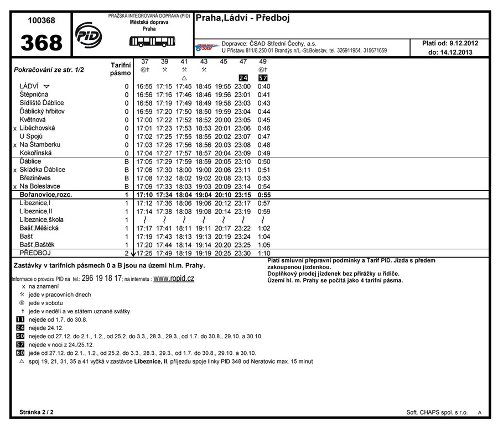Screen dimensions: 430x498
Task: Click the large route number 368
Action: click(41, 43)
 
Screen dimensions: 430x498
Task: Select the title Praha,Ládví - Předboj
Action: click(242, 18)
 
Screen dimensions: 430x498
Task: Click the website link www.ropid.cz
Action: click(174, 279)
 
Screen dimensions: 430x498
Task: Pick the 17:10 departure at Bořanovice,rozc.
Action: click(144, 195)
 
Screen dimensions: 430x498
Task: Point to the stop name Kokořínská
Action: click(36, 153)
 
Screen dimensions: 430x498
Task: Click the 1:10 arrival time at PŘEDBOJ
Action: click(264, 253)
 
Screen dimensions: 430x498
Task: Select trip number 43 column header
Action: click(204, 61)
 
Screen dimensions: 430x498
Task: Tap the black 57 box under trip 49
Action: click(263, 78)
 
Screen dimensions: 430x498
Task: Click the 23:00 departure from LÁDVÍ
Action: click(242, 87)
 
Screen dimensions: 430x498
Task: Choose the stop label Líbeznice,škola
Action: click(41, 220)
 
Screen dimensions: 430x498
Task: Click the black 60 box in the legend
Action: click(20, 353)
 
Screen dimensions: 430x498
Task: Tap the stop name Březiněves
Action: click(36, 178)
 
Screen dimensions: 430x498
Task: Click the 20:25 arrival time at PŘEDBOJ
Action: click(223, 253)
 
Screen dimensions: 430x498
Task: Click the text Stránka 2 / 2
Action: click(37, 412)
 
